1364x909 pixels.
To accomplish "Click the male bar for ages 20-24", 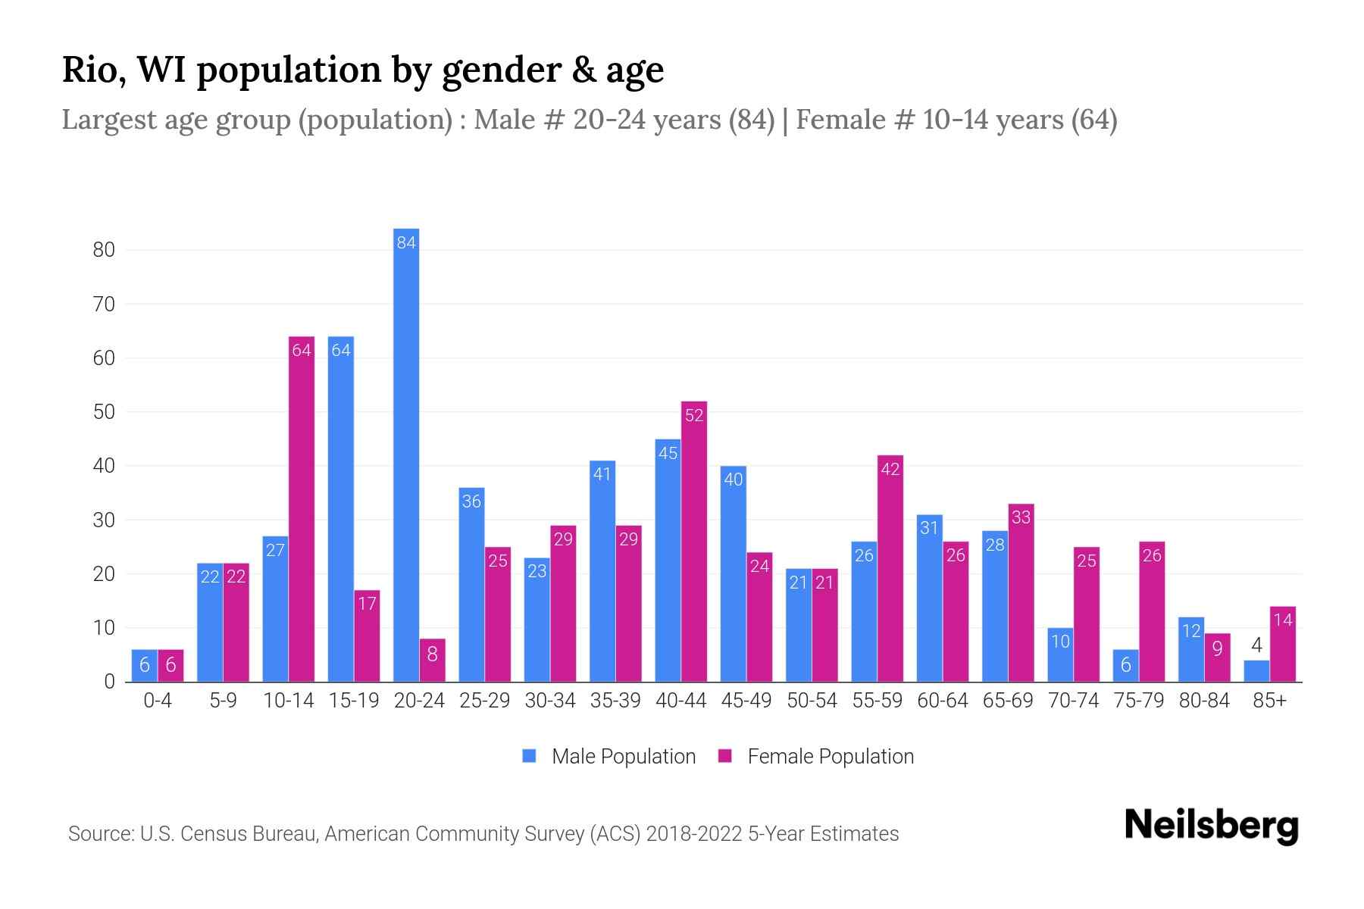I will pyautogui.click(x=406, y=454).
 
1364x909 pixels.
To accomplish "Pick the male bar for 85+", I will pyautogui.click(x=1256, y=671).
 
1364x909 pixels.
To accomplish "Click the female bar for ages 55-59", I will pyautogui.click(x=890, y=568).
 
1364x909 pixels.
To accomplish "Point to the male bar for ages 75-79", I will pyautogui.click(x=1125, y=666).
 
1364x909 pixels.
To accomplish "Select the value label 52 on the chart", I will pyautogui.click(x=694, y=415).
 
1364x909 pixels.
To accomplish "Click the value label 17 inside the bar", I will pyautogui.click(x=367, y=604).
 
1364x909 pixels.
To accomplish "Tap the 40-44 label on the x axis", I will pyautogui.click(x=680, y=701).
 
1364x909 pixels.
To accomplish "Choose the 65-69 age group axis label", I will pyautogui.click(x=1008, y=701).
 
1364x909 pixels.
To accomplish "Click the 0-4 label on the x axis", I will pyautogui.click(x=158, y=701).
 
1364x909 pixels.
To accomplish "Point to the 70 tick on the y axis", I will pyautogui.click(x=104, y=305).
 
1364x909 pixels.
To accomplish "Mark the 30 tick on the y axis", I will pyautogui.click(x=104, y=520).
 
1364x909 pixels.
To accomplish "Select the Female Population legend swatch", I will pyautogui.click(x=725, y=756).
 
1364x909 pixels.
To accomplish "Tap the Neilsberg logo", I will pyautogui.click(x=1211, y=826).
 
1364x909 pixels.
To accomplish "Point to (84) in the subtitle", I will pyautogui.click(x=752, y=120).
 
